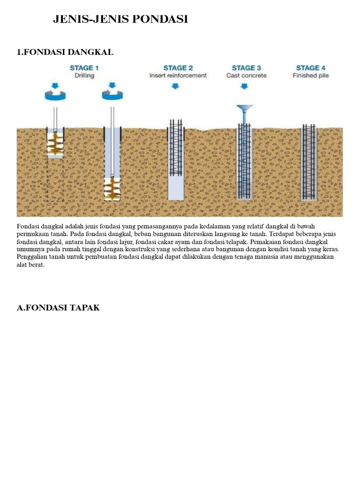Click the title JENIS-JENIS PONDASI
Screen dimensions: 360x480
click(x=120, y=19)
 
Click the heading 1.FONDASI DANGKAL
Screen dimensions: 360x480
click(x=65, y=52)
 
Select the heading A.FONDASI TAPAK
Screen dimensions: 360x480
click(x=58, y=307)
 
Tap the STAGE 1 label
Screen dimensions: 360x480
click(x=84, y=68)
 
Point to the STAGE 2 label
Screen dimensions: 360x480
click(x=178, y=68)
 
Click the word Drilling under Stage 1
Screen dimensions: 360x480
click(x=84, y=75)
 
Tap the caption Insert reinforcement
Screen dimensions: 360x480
click(x=178, y=75)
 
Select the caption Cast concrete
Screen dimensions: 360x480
click(x=246, y=75)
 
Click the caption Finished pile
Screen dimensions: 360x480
click(x=310, y=75)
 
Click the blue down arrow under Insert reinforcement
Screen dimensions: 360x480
click(x=175, y=86)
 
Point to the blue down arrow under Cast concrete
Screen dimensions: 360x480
click(x=244, y=86)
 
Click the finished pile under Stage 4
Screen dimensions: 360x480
click(x=308, y=162)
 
